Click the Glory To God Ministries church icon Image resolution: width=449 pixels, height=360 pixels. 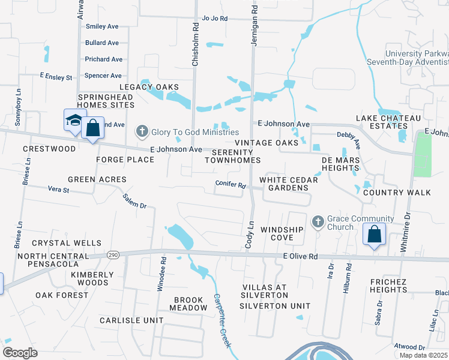click(x=142, y=131)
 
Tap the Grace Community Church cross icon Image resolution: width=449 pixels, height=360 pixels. click(x=318, y=223)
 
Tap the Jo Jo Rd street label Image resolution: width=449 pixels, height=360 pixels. click(x=215, y=19)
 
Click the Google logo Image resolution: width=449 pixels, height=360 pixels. click(x=20, y=352)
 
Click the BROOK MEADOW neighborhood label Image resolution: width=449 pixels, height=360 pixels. click(x=190, y=304)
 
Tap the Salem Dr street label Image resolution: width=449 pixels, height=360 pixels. click(x=134, y=201)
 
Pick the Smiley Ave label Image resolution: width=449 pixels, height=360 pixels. click(x=102, y=26)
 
